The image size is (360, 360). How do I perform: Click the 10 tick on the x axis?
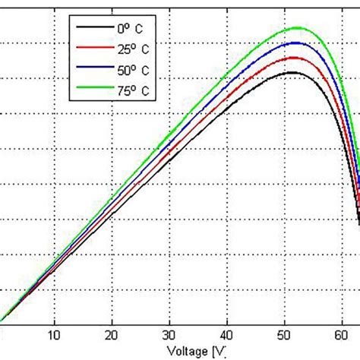coord(54,335)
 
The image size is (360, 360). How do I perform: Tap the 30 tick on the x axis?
coord(170,335)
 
